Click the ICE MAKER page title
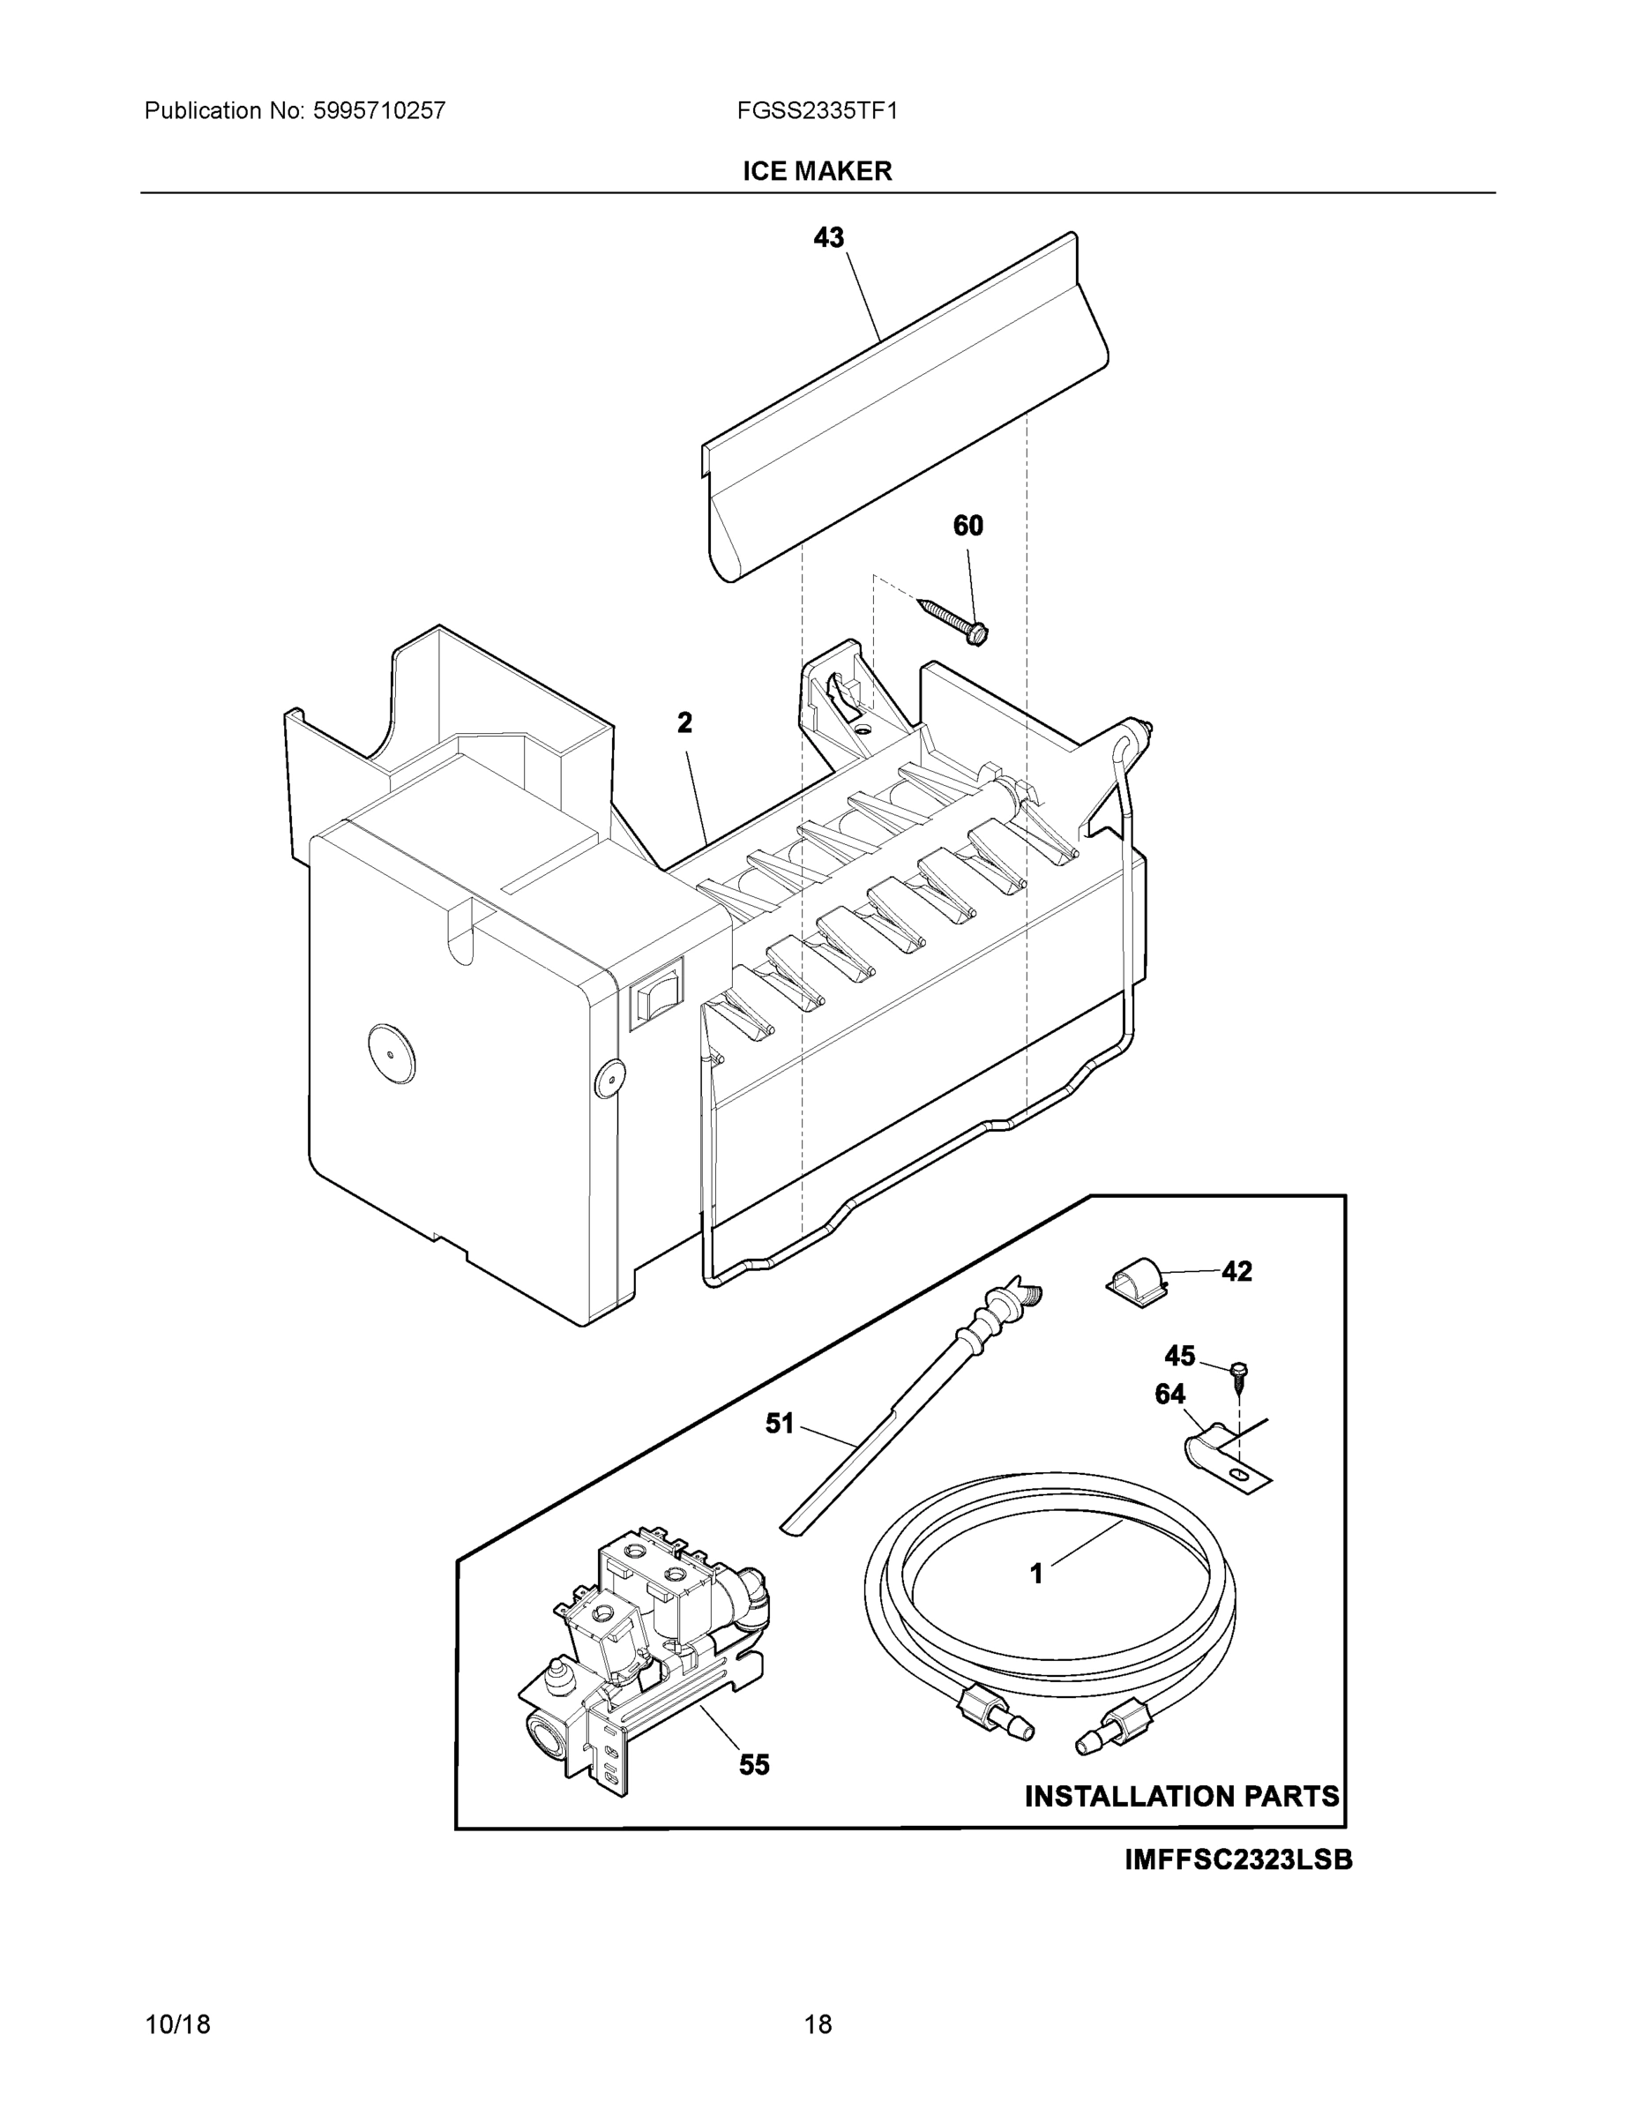[x=817, y=172]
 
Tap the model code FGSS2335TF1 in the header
[x=817, y=111]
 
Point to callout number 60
[x=967, y=526]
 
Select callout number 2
[x=684, y=723]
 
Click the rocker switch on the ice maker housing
[x=656, y=993]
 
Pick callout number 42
[x=1236, y=1272]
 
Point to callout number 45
[x=1179, y=1355]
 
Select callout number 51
[x=780, y=1424]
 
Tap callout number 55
[x=754, y=1765]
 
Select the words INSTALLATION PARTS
[x=1182, y=1796]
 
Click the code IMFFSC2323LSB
[x=1237, y=1860]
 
